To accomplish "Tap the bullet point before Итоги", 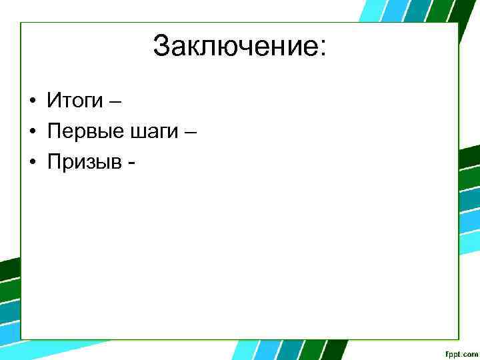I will tap(32, 102).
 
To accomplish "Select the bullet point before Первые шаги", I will tap(32, 133).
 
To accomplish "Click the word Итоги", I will tap(75, 102).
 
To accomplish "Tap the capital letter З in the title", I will tap(161, 47).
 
